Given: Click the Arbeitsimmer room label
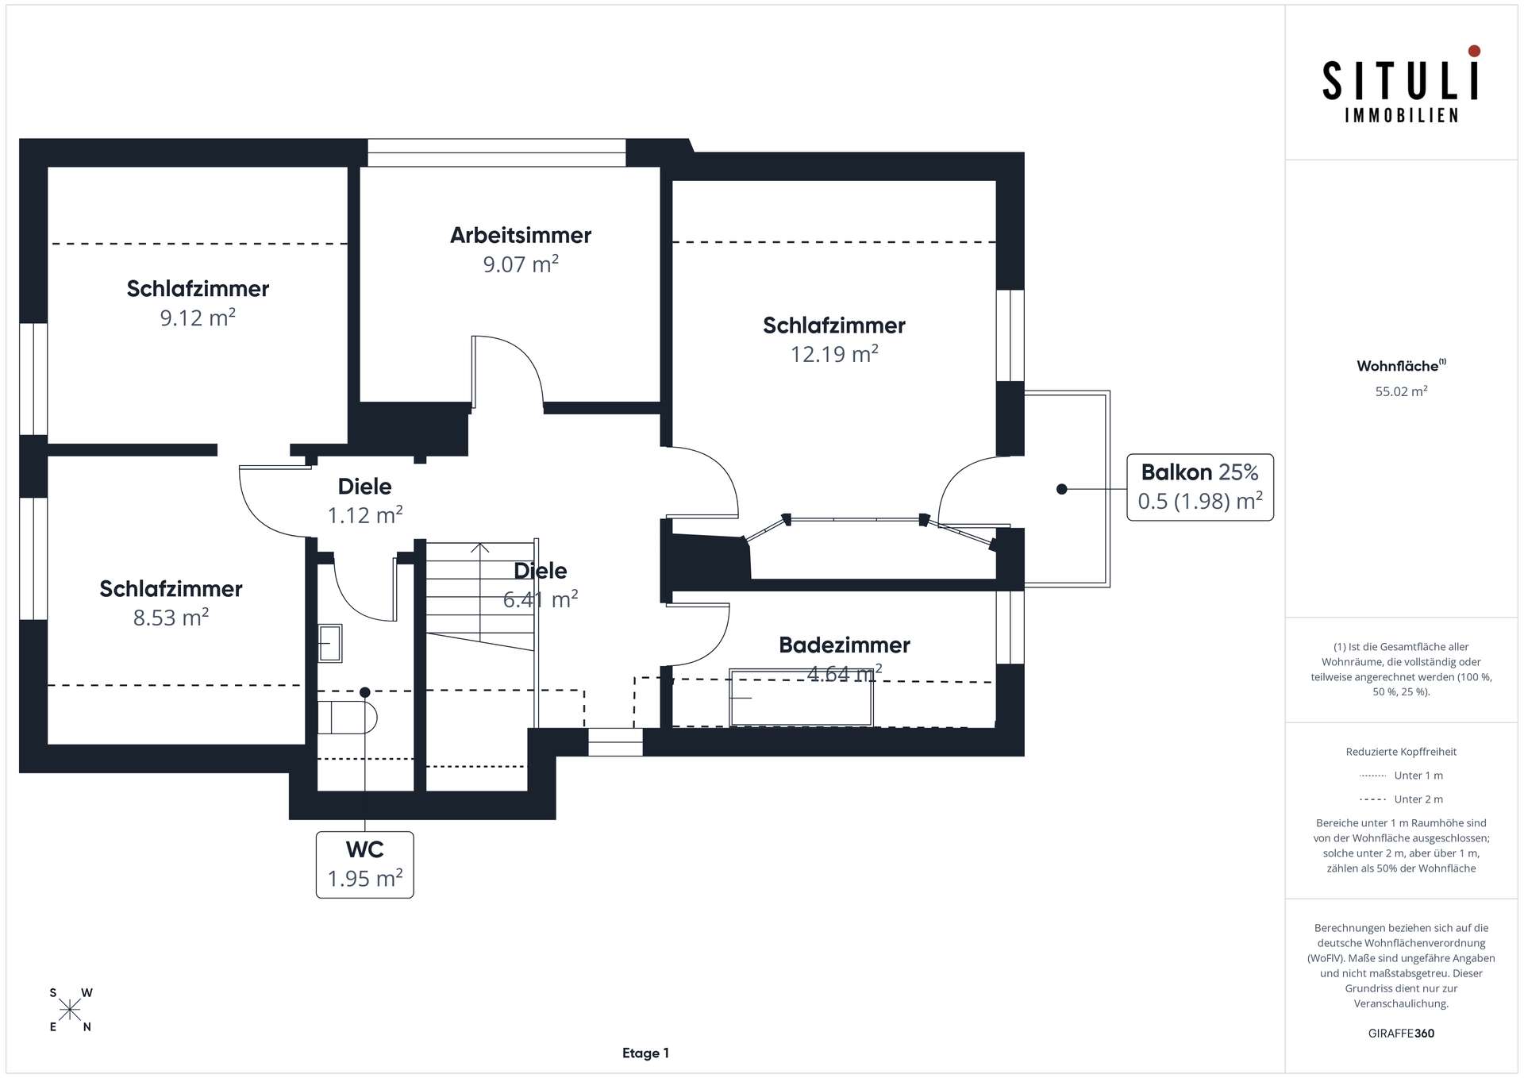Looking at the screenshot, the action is coord(521,235).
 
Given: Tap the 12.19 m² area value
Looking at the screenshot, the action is coord(834,353).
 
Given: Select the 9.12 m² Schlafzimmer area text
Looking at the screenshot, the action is coord(198,318).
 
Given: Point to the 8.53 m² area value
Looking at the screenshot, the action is coord(171,617).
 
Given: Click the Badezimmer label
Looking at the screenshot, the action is coord(845,645).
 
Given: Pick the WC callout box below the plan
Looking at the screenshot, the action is coord(365,864).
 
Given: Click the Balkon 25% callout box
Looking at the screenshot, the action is coord(1200,487).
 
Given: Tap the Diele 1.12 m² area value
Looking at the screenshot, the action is coord(365,515).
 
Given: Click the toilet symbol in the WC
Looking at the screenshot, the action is coord(347,717).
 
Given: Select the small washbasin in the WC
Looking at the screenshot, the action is coord(330,643).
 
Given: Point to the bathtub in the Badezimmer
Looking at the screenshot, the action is coord(801,698).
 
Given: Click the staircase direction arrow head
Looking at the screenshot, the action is coord(479,547).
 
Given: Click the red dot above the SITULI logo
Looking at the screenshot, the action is coord(1474,51).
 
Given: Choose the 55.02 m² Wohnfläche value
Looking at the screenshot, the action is coord(1401,391).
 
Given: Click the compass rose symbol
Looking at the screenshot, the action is coord(70,1010).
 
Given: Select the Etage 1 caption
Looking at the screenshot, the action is coord(645,1053).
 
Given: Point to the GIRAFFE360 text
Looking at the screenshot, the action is coord(1401,1034).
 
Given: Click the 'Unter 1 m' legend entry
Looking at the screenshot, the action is coord(1401,776).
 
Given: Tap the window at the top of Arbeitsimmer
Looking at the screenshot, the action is coord(497,153).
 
